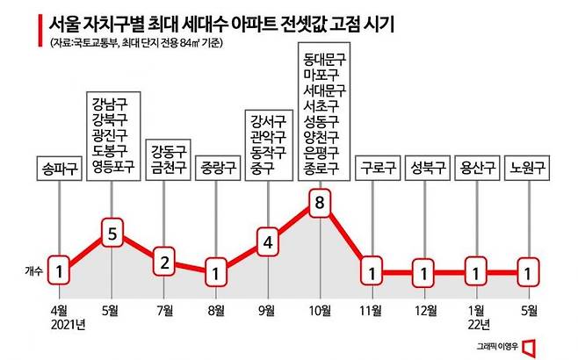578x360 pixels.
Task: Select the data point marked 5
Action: pyautogui.click(x=111, y=234)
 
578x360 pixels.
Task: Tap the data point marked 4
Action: pyautogui.click(x=268, y=240)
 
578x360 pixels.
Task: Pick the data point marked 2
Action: pyautogui.click(x=163, y=261)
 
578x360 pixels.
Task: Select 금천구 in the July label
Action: pyautogui.click(x=163, y=166)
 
